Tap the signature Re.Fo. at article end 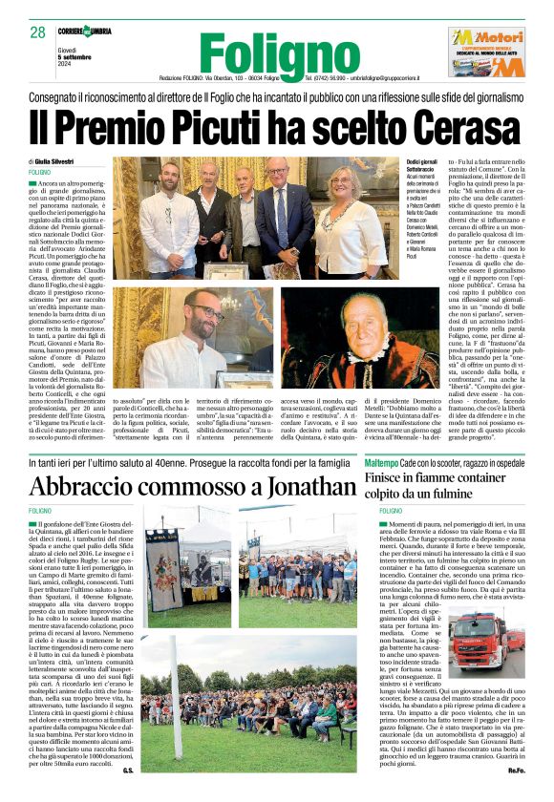[516, 791]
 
